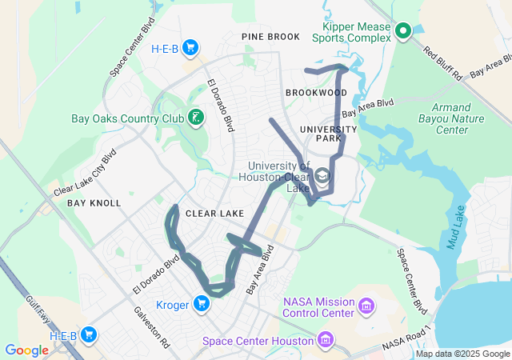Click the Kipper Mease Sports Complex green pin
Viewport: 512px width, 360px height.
[403, 31]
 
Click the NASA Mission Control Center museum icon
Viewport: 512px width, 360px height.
[366, 306]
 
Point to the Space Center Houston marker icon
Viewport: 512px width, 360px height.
[326, 341]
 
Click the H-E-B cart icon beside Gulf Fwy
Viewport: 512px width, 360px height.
[89, 335]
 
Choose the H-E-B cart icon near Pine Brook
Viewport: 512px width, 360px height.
[190, 48]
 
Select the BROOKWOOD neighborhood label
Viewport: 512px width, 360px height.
[316, 93]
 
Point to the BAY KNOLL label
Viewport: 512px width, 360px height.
[94, 203]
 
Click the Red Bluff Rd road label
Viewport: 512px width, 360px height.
[443, 64]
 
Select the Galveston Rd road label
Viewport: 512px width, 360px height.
[151, 327]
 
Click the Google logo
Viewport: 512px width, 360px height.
[26, 350]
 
